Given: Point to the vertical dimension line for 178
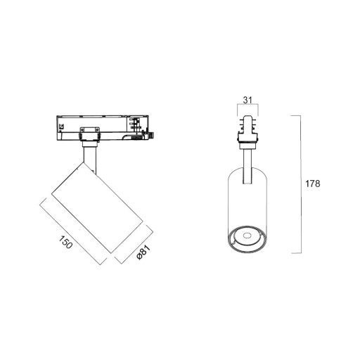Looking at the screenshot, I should coord(301,184).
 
